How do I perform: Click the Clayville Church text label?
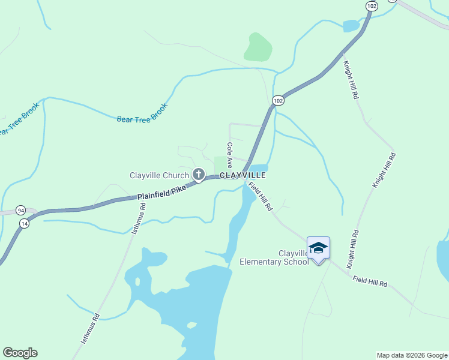(x=159, y=175)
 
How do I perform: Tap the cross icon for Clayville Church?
(x=199, y=175)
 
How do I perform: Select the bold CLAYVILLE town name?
(x=243, y=175)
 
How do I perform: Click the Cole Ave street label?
(x=229, y=155)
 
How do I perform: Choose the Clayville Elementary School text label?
(x=274, y=257)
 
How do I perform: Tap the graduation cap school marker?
(x=318, y=248)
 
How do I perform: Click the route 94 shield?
(x=21, y=211)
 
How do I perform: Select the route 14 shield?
(x=24, y=223)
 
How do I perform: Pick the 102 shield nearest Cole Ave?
(x=277, y=101)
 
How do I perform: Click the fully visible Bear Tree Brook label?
(x=142, y=111)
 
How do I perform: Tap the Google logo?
(x=20, y=353)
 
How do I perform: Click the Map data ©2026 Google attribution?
(x=412, y=355)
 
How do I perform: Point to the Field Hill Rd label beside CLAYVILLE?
(x=261, y=197)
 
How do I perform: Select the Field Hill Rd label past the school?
(x=370, y=281)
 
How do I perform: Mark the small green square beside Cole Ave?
(x=220, y=163)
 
